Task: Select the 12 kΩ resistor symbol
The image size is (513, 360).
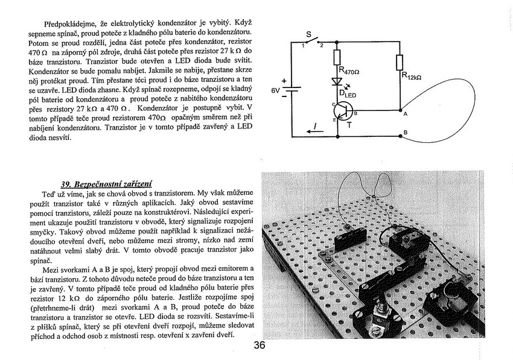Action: tap(399, 63)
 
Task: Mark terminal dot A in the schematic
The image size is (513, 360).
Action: tap(401, 110)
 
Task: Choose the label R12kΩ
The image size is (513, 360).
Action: tap(412, 77)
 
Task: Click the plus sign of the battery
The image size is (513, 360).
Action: tap(283, 80)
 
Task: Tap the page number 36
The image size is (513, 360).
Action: tap(260, 346)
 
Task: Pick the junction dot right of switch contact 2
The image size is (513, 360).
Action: tap(336, 41)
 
